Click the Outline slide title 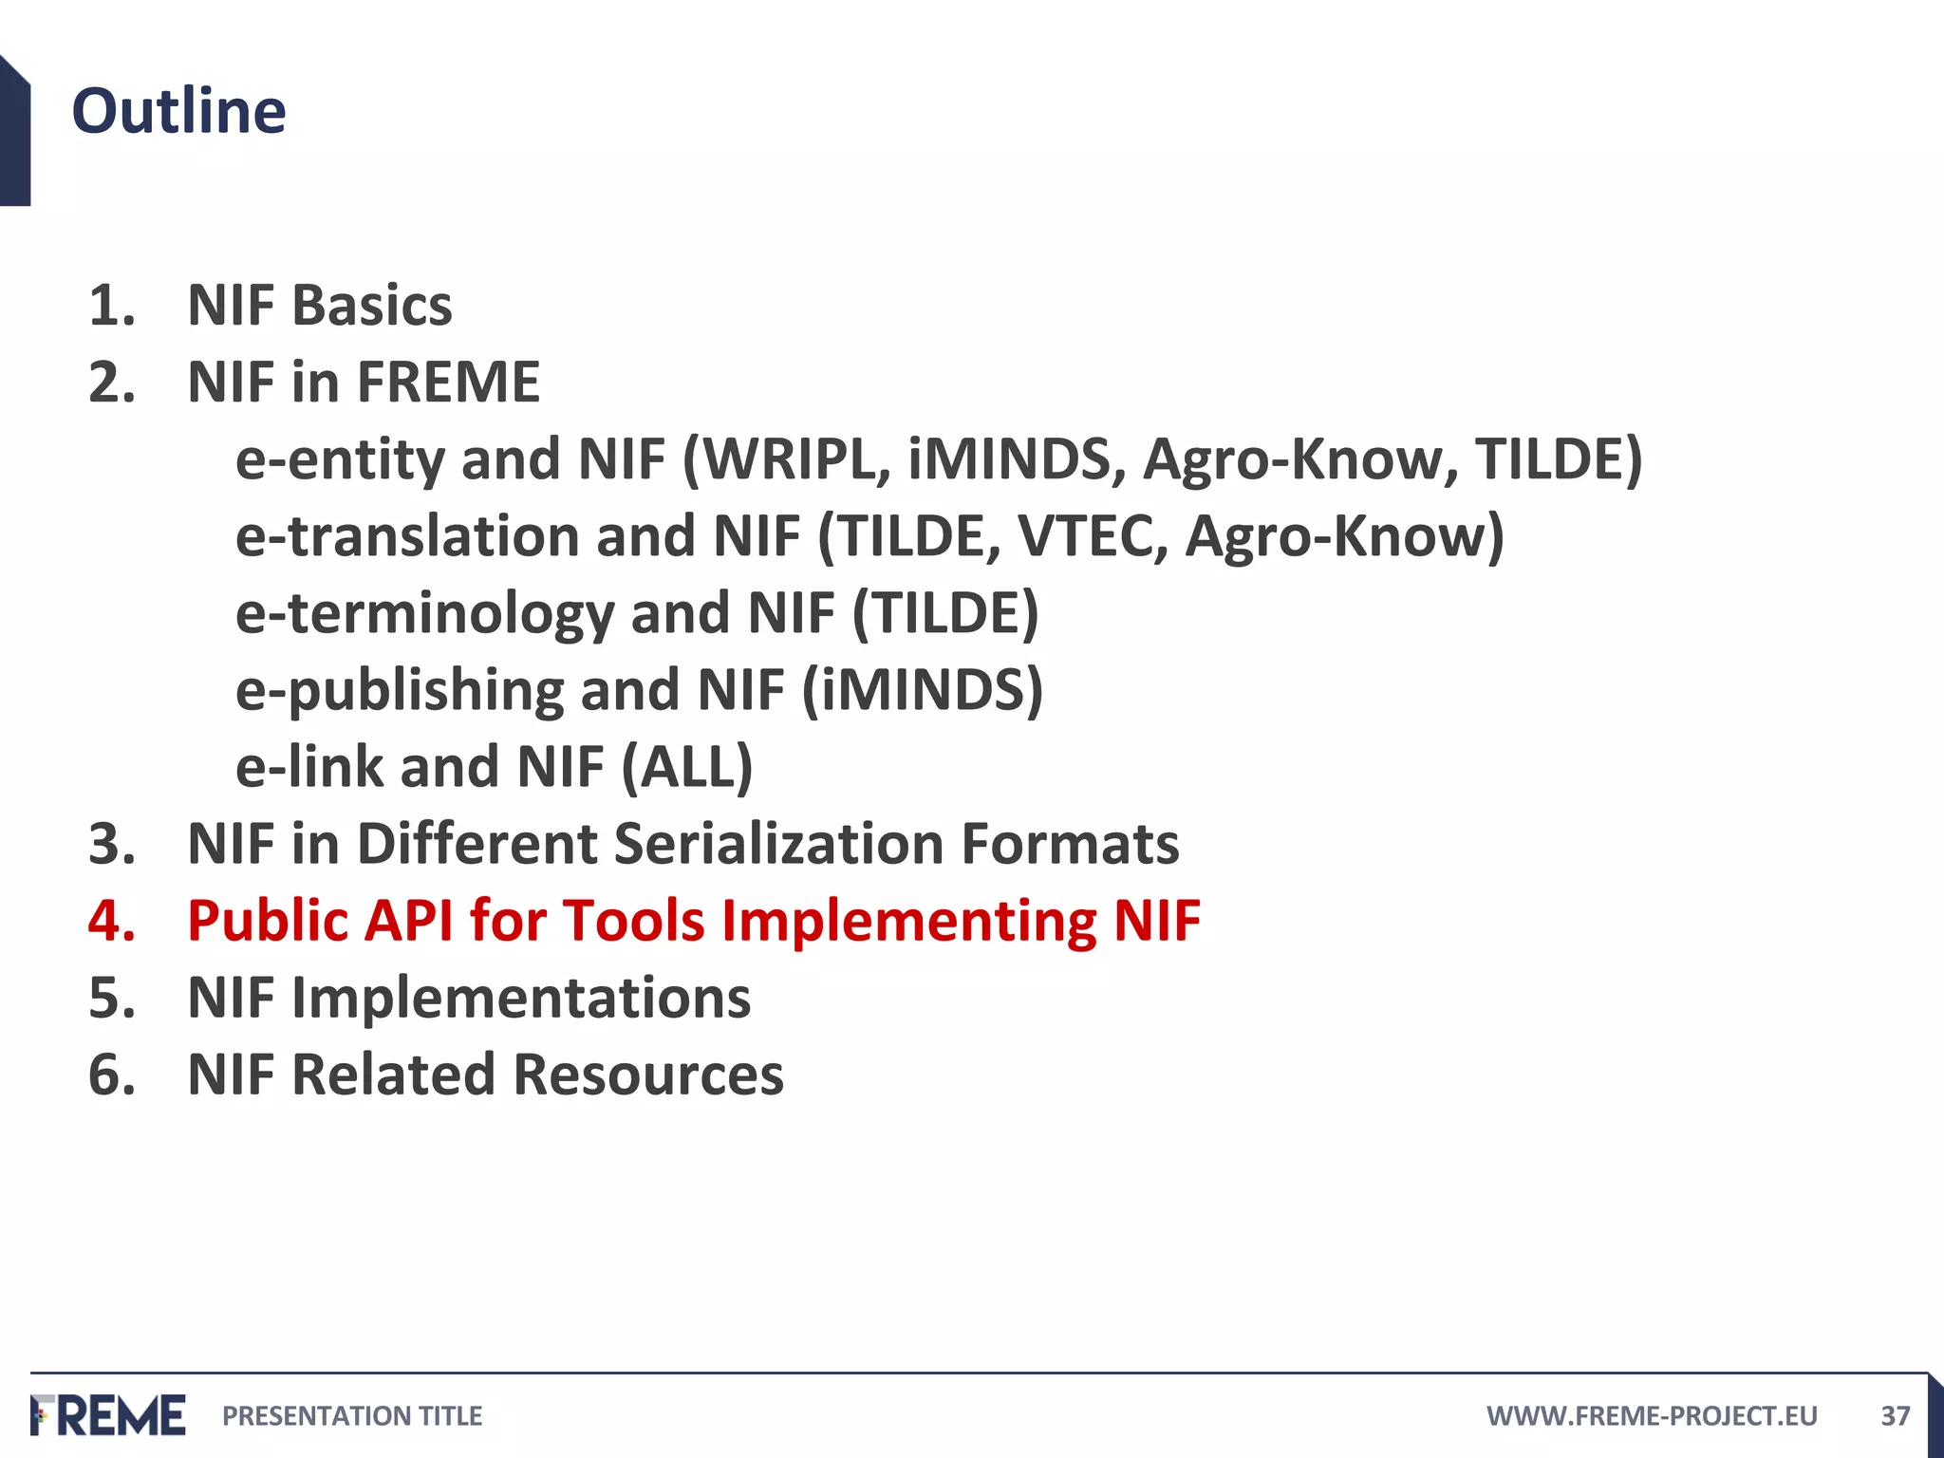(x=178, y=111)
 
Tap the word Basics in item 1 (x=372, y=306)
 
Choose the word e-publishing (x=400, y=690)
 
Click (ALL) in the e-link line (x=687, y=767)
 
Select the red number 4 (x=112, y=921)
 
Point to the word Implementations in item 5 (x=520, y=998)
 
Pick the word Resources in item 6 (x=648, y=1075)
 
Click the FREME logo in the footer (x=108, y=1415)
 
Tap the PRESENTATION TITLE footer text (x=352, y=1416)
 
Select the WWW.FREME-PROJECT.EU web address (x=1652, y=1416)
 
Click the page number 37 (x=1895, y=1416)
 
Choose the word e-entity (x=339, y=461)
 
